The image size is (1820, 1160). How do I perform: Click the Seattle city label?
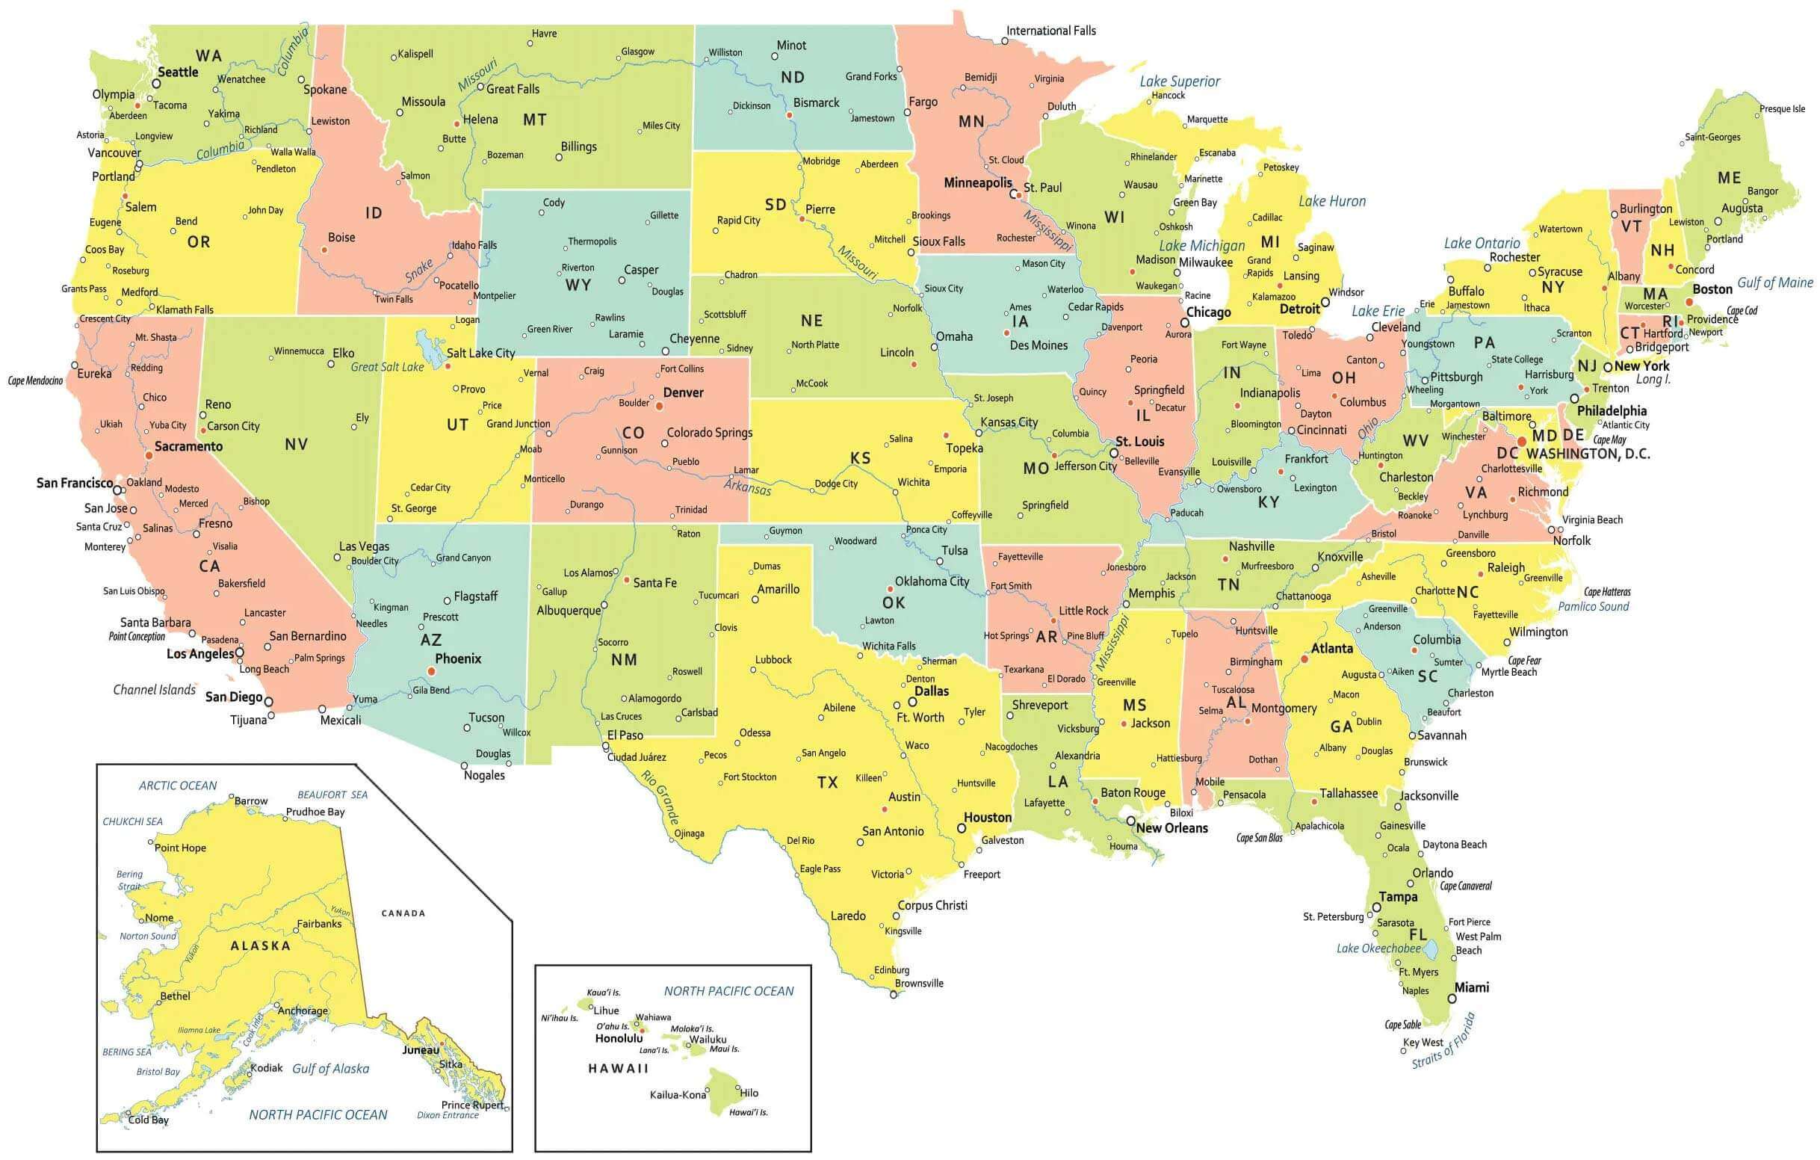point(178,72)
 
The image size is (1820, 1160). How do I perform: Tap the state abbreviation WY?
point(578,285)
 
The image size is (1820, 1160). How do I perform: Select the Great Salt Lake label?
point(387,367)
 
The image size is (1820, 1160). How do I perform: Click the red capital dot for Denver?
point(659,406)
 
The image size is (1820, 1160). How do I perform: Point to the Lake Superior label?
point(1179,81)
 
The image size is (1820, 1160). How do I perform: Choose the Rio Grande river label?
point(660,796)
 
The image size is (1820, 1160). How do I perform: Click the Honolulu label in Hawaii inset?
point(619,1038)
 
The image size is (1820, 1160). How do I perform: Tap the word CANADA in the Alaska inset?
point(403,913)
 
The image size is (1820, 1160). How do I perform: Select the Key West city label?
point(1423,1042)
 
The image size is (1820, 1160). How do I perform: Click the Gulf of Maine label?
point(1774,283)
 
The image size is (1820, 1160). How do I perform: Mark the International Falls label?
point(1050,31)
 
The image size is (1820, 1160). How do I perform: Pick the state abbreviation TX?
point(828,782)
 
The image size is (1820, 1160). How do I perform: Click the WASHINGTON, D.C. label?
point(1588,454)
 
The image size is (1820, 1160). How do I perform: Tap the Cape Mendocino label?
point(36,380)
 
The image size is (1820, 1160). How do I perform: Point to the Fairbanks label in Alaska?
point(319,923)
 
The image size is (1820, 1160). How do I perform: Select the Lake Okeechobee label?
point(1378,948)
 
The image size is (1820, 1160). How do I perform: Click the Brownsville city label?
point(919,983)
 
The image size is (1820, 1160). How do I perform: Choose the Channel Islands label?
point(154,690)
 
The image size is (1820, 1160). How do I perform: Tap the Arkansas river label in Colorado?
point(747,487)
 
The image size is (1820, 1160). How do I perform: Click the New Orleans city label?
point(1171,828)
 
